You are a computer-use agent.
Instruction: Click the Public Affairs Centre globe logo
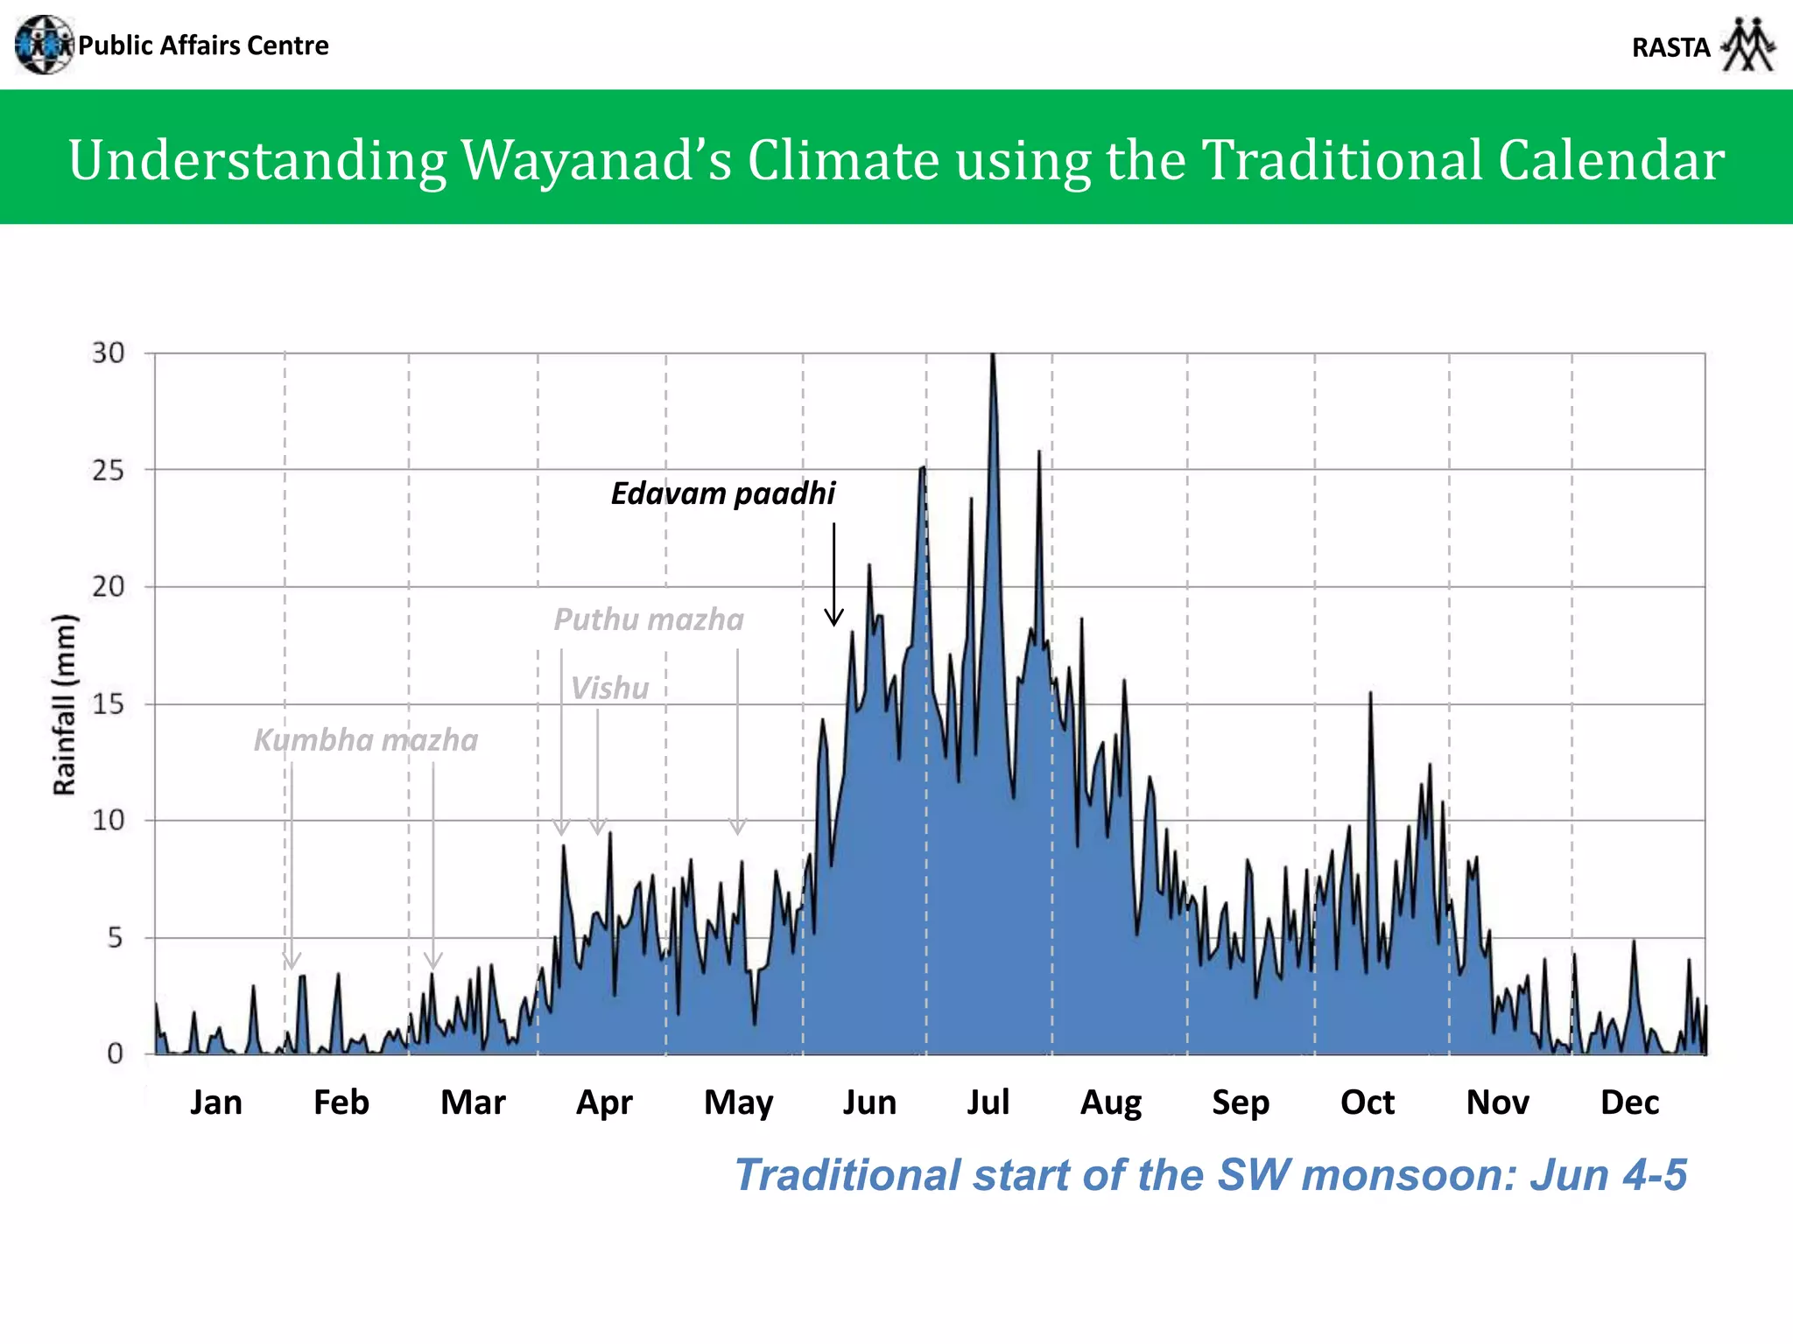click(x=44, y=45)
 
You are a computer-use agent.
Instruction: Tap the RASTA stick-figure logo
click(x=1748, y=45)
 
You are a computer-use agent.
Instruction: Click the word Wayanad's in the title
click(x=595, y=160)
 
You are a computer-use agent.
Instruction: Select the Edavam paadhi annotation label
click(x=723, y=493)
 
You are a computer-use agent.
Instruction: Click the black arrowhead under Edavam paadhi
click(x=834, y=618)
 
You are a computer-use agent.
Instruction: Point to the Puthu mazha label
click(x=649, y=619)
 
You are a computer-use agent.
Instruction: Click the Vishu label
click(x=610, y=689)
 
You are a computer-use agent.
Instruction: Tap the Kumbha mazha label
click(x=366, y=740)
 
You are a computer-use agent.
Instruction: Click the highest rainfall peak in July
click(x=993, y=356)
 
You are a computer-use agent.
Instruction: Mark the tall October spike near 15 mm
click(x=1370, y=695)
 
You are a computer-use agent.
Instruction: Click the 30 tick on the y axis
click(x=109, y=353)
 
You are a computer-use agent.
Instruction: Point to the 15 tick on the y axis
click(x=109, y=703)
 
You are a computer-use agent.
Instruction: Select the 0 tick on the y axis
click(x=115, y=1053)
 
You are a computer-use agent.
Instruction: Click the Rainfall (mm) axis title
click(x=65, y=704)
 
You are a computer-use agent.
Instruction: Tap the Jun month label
click(x=869, y=1102)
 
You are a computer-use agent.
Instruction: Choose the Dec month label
click(x=1629, y=1102)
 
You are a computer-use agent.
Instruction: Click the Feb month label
click(x=341, y=1102)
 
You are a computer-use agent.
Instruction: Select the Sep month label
click(x=1241, y=1102)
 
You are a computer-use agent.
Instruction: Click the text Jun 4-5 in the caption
click(x=1607, y=1174)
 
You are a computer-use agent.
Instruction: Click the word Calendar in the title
click(x=1611, y=160)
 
